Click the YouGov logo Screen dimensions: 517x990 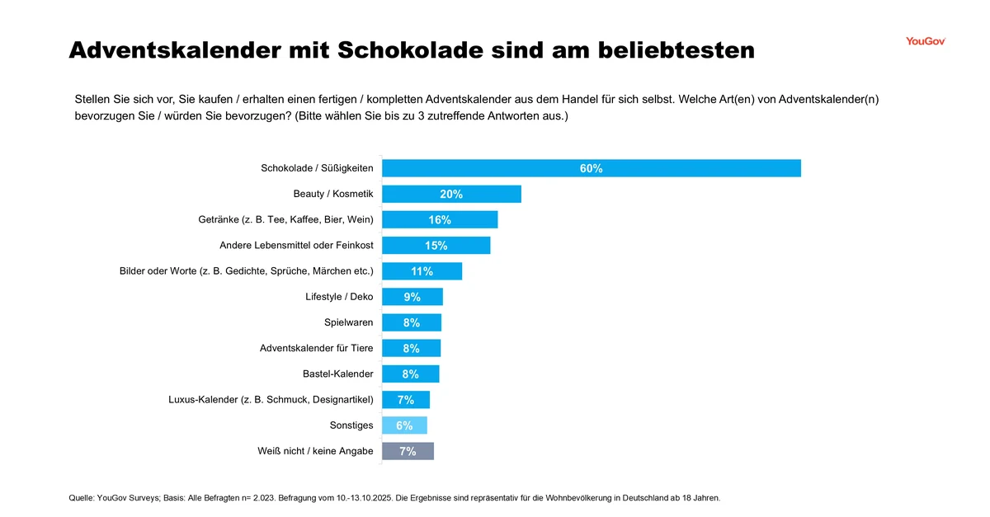click(925, 41)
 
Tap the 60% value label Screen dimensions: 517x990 click(591, 168)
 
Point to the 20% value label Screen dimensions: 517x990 click(451, 194)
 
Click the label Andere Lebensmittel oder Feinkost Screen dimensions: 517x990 click(296, 245)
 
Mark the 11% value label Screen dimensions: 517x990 click(422, 271)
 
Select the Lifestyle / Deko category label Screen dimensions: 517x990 click(339, 297)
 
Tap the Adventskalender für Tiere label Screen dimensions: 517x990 click(316, 348)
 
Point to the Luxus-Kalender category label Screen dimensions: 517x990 click(271, 400)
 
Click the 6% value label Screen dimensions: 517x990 click(404, 425)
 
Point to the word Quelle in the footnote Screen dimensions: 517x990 click(81, 498)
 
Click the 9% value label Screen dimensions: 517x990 click(412, 297)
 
